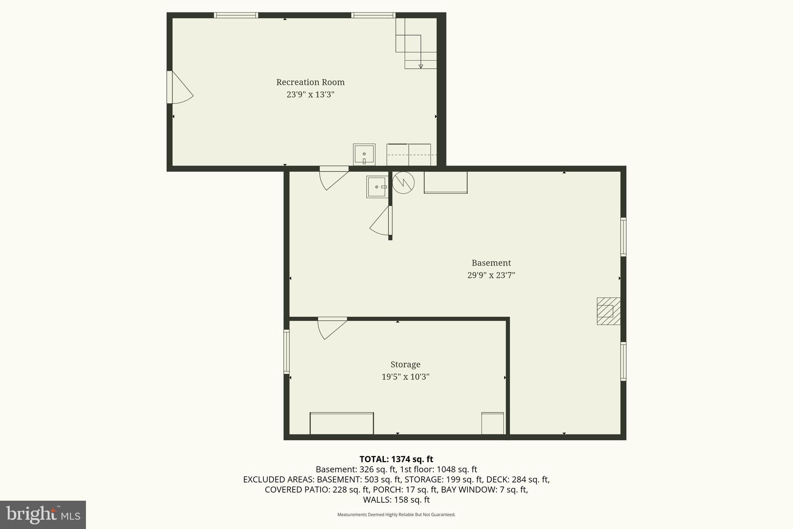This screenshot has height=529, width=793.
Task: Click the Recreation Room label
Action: (x=310, y=82)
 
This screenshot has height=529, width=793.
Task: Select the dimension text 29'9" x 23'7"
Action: (x=491, y=275)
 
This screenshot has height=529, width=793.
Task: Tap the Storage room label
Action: (x=405, y=364)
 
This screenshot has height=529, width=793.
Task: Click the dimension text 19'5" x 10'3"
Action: (x=405, y=377)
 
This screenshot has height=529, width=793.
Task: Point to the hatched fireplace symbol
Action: (x=608, y=311)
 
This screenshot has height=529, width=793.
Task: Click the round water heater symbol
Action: (x=403, y=183)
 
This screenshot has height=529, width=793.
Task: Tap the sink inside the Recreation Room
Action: (x=364, y=154)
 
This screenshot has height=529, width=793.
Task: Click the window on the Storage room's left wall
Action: (x=287, y=352)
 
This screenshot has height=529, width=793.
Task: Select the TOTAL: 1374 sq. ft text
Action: (x=396, y=459)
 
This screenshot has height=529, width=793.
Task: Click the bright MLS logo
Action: (x=43, y=515)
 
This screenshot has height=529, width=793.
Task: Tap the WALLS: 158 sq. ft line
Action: (x=396, y=500)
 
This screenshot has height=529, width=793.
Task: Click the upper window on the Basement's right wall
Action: (x=623, y=237)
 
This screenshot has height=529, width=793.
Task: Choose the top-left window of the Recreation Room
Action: (x=236, y=16)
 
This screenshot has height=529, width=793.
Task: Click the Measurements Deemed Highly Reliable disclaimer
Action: (x=396, y=515)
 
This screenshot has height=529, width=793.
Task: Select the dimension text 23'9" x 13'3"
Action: (x=310, y=95)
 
